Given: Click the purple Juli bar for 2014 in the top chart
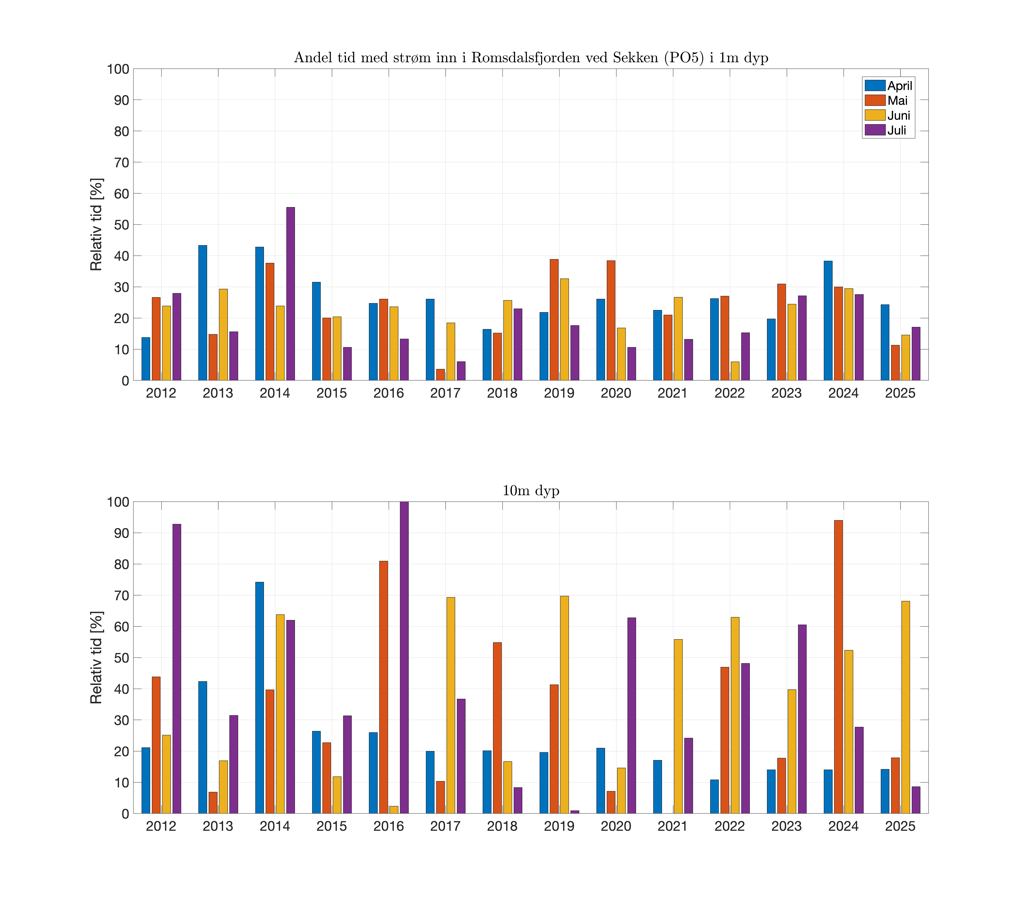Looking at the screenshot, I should [290, 294].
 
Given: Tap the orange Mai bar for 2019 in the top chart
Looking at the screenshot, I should [554, 320].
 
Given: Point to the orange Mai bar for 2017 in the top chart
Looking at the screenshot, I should [440, 375].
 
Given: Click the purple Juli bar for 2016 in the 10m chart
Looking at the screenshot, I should [404, 658].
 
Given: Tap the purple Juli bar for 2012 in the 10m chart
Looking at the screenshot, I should [177, 669].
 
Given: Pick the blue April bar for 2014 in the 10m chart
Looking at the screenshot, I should [260, 698].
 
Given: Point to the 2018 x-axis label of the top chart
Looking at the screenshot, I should [502, 393].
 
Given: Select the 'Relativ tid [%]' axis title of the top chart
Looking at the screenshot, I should [96, 224].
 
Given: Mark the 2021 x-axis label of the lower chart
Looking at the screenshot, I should [672, 826].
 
